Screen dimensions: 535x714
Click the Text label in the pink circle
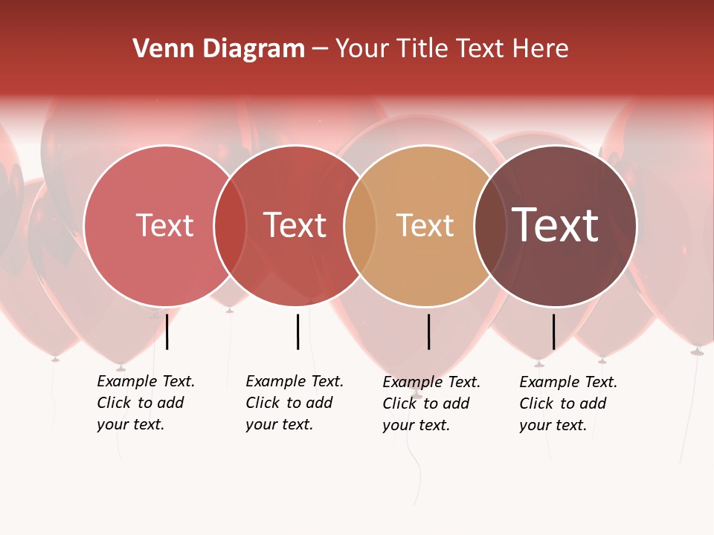tap(164, 225)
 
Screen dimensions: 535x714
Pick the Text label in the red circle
tap(295, 225)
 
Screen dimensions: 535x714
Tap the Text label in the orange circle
tap(425, 225)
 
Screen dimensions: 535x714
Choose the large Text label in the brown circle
tap(556, 225)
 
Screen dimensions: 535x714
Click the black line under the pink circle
tap(167, 331)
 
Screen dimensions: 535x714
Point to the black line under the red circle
tap(297, 331)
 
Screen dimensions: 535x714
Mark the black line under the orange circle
tap(428, 331)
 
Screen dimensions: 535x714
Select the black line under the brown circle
tap(553, 331)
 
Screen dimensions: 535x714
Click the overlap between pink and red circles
tap(231, 225)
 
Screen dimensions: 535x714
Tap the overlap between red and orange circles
tap(361, 225)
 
